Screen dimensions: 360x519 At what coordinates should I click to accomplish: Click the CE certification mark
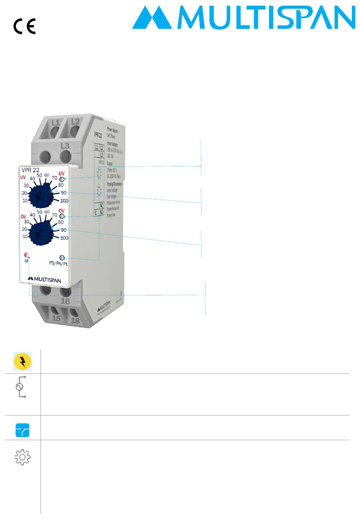[25, 27]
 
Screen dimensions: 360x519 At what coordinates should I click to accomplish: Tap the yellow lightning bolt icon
[23, 361]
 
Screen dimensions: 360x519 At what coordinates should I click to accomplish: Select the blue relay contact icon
[22, 431]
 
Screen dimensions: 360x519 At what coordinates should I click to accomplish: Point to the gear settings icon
[22, 458]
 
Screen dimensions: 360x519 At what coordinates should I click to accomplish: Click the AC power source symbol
[19, 387]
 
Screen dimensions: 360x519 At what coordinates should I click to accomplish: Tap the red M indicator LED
[26, 255]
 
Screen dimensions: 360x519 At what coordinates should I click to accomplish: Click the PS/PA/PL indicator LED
[63, 257]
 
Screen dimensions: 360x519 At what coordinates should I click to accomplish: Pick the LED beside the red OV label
[62, 216]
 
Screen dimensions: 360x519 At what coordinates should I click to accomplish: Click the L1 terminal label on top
[55, 122]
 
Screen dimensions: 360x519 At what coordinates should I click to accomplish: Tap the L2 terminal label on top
[75, 121]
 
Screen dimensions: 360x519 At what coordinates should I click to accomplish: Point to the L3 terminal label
[65, 146]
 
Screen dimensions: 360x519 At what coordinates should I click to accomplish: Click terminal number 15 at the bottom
[56, 318]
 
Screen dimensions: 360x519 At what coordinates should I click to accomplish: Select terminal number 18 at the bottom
[75, 320]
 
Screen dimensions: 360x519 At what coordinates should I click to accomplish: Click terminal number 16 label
[65, 301]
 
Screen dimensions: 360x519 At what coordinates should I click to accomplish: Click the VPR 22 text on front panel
[31, 170]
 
